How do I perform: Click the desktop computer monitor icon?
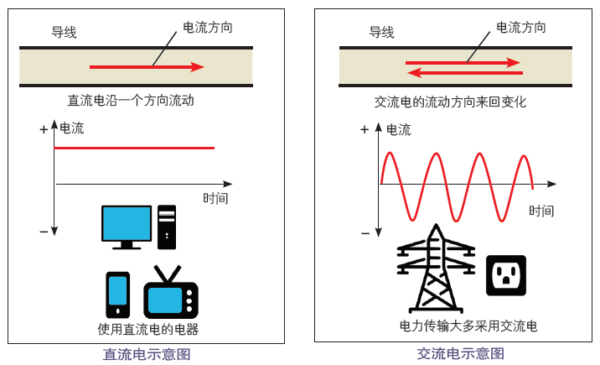127,225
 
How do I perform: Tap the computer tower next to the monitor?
167,227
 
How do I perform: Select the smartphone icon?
117,294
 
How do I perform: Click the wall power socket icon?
506,275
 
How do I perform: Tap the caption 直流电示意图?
147,354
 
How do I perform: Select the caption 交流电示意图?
461,354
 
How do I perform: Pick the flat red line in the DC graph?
134,148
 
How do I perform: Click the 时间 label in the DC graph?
215,199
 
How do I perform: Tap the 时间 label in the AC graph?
541,211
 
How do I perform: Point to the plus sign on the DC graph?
44,130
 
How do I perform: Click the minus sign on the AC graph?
365,232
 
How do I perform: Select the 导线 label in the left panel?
65,33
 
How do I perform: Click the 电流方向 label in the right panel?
521,27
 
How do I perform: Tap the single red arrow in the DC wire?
147,67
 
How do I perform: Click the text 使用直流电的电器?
148,329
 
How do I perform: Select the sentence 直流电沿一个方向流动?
131,101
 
